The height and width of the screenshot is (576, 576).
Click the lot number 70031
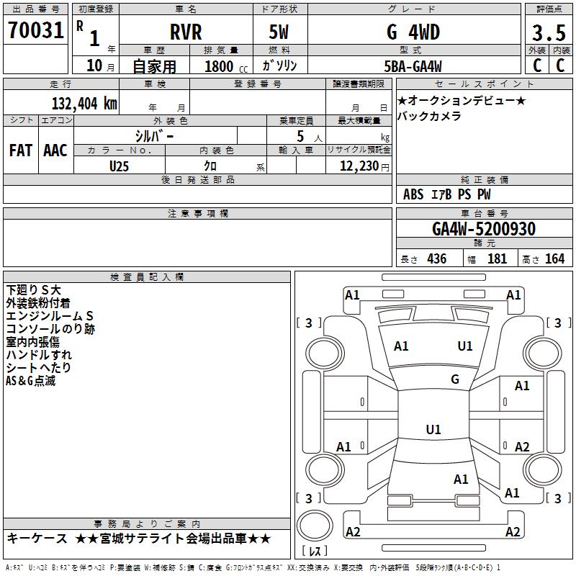click(x=35, y=31)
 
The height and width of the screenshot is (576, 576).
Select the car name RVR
click(x=186, y=32)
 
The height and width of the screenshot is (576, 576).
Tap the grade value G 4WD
click(x=413, y=32)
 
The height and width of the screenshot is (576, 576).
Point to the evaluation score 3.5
click(x=548, y=33)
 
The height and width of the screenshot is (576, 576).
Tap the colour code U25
click(x=120, y=165)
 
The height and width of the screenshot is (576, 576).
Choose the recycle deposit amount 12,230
click(x=357, y=166)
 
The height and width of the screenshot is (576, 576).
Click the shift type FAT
click(x=21, y=150)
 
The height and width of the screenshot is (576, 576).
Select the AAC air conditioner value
click(x=55, y=150)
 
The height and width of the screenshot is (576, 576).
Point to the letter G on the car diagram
click(x=455, y=379)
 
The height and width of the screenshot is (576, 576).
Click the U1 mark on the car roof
click(x=433, y=430)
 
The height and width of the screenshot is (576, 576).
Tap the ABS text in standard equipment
click(x=413, y=194)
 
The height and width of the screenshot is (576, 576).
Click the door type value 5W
click(x=280, y=32)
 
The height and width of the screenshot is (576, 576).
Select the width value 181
click(x=498, y=259)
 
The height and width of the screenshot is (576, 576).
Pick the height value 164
click(x=554, y=259)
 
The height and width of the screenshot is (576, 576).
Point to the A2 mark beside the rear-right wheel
click(x=522, y=446)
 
